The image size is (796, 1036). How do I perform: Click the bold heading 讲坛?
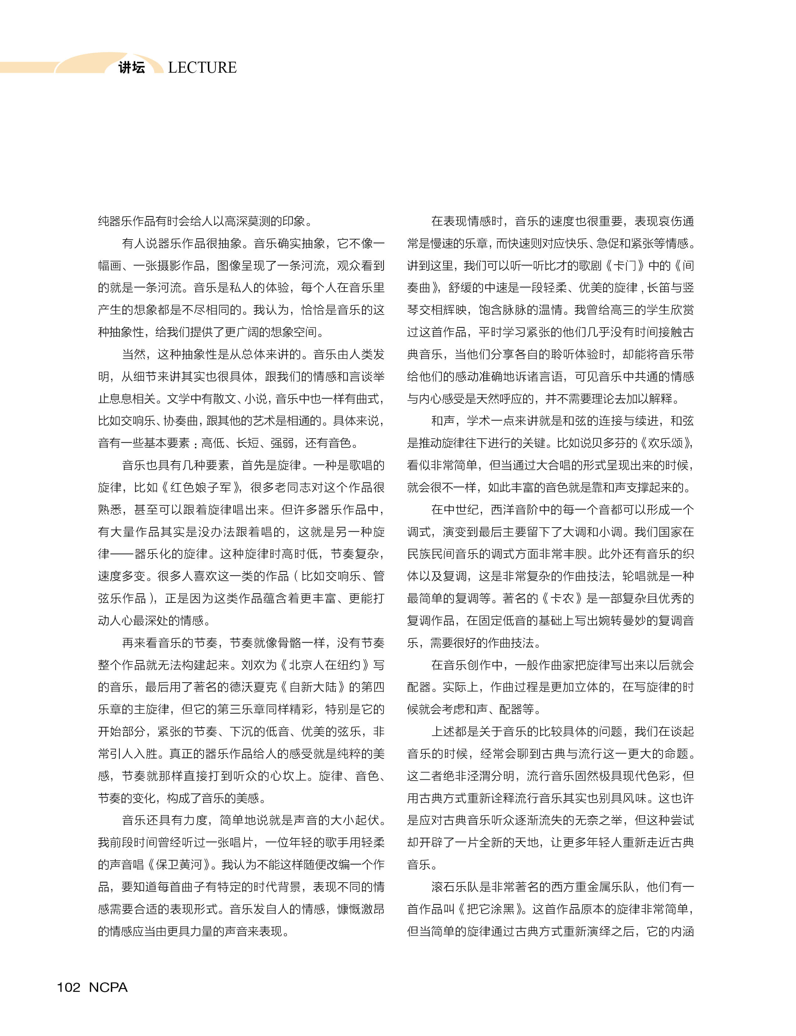132,68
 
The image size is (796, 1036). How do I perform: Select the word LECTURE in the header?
202,68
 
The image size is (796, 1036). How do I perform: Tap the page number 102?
68,987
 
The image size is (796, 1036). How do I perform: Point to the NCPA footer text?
108,987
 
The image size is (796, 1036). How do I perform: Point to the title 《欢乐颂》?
666,443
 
